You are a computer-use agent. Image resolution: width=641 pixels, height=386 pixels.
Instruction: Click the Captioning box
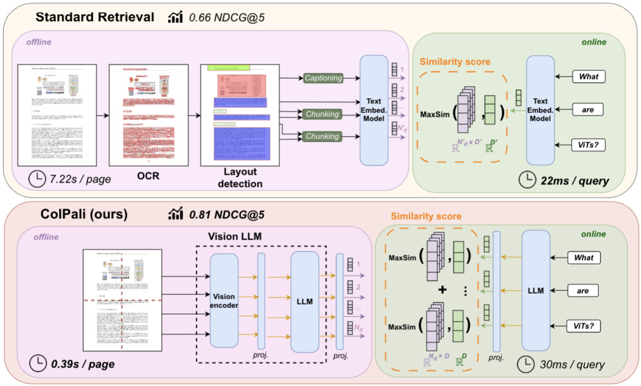coord(323,78)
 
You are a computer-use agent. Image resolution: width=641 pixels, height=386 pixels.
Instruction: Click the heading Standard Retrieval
coord(95,18)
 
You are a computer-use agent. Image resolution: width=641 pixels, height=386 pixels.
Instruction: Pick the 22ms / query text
coord(573,180)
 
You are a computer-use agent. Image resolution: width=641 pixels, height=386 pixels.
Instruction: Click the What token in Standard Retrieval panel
coord(588,77)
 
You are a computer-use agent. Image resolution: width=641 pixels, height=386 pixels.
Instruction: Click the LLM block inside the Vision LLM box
coord(304,301)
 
